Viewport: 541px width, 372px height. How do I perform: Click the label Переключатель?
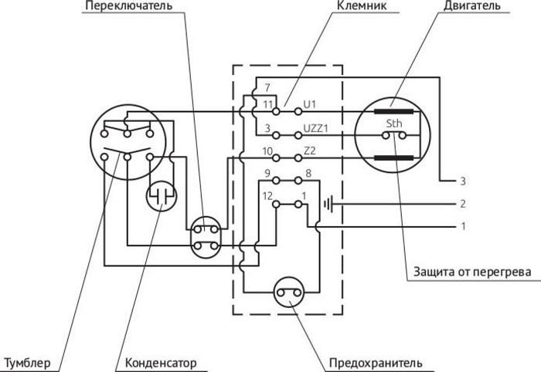coord(129,5)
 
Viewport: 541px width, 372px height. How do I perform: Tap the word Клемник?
coord(362,5)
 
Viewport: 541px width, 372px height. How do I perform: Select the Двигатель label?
coord(472,6)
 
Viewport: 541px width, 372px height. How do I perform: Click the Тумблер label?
coord(27,363)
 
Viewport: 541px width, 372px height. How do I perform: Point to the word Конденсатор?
coord(161,363)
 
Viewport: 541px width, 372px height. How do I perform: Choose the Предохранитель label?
coord(376,363)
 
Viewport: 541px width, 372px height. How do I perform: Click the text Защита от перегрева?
coord(472,272)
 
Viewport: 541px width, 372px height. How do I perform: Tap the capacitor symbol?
coord(162,196)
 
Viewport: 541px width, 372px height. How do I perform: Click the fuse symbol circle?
coord(290,293)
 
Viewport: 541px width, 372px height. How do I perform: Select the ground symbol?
coord(328,205)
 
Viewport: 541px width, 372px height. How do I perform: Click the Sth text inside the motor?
coord(393,123)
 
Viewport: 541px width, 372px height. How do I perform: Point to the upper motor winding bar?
coord(393,112)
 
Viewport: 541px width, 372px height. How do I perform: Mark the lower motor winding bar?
coord(393,158)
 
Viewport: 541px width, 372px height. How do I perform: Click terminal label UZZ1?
coord(315,128)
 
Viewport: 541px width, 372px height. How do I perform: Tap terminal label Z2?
coord(309,150)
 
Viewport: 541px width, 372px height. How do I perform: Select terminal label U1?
coord(309,104)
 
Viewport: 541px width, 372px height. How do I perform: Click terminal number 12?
coord(267,196)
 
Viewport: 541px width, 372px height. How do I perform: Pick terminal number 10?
coord(267,151)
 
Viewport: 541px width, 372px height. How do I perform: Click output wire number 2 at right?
coord(463,204)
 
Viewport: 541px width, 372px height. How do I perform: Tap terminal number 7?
coord(267,87)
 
